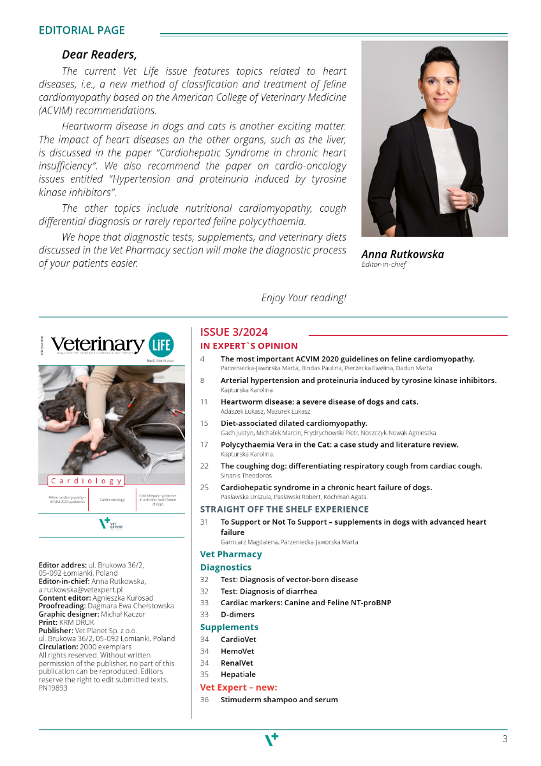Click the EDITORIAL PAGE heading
click(82, 30)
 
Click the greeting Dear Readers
click(99, 55)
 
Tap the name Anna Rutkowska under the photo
click(403, 254)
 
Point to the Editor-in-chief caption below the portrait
click(383, 264)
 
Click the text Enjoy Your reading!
click(304, 297)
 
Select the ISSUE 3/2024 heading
click(233, 332)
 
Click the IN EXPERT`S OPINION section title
click(249, 346)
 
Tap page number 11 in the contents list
click(204, 402)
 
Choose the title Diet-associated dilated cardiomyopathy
click(293, 423)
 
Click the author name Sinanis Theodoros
click(246, 476)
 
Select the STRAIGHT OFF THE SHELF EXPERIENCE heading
click(285, 509)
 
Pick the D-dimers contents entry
click(237, 615)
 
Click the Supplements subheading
click(229, 627)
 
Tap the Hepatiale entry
click(238, 674)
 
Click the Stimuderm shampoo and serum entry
click(279, 700)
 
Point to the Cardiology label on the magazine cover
click(86, 481)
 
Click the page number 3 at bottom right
click(505, 739)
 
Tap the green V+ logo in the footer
click(271, 739)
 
